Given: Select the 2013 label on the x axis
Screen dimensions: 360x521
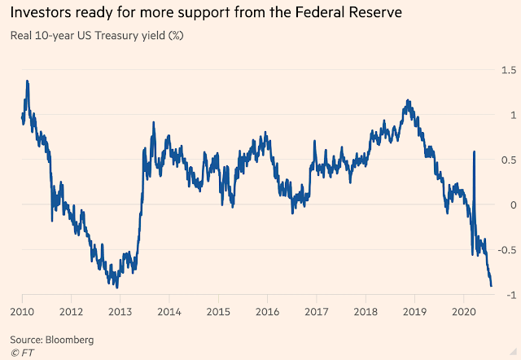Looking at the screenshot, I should point(120,311).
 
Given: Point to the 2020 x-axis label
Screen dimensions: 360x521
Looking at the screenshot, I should point(463,311).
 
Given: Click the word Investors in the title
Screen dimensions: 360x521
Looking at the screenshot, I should point(48,14).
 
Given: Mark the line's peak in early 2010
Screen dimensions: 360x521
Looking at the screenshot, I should point(28,81).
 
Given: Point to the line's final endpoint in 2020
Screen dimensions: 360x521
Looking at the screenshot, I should point(492,286).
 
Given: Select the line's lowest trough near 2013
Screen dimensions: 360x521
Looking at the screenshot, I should point(117,287).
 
